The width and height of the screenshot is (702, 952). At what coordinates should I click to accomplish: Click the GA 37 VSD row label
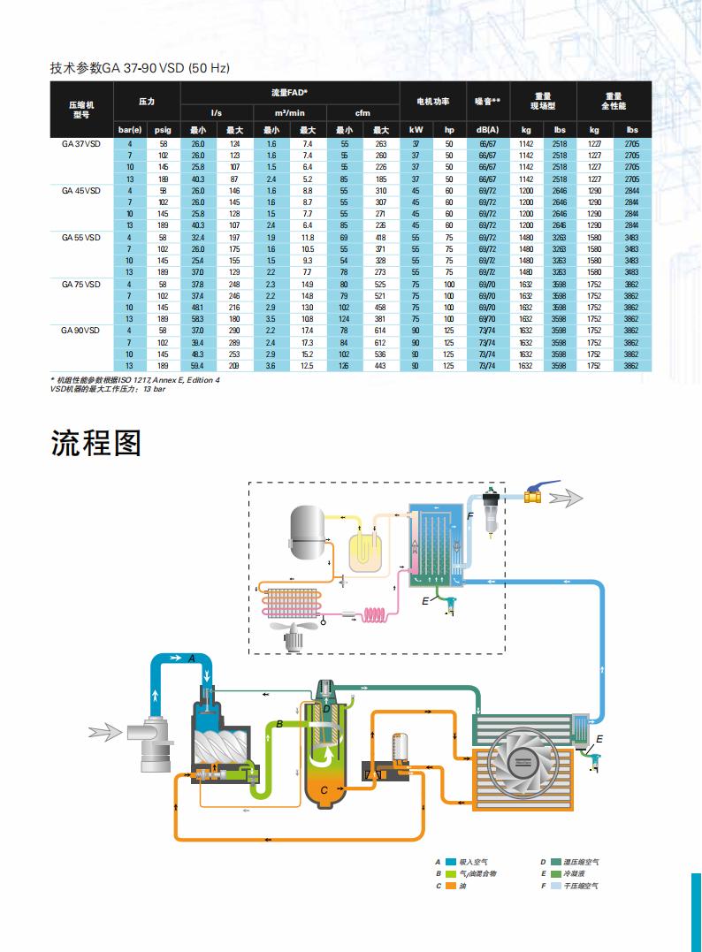point(80,143)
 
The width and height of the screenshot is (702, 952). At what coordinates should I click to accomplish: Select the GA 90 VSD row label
point(80,330)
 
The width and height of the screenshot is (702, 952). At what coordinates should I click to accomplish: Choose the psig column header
point(163,130)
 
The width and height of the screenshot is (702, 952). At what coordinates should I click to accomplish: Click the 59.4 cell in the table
point(198,365)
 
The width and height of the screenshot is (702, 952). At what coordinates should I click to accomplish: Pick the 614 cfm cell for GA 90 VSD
point(381,330)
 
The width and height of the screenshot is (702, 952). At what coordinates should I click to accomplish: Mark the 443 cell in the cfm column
point(381,365)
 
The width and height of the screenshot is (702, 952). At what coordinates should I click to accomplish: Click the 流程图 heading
point(95,442)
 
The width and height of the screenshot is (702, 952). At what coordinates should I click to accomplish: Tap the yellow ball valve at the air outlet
point(534,497)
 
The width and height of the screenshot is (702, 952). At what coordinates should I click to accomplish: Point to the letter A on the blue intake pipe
point(191,659)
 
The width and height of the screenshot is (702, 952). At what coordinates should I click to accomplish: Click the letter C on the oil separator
point(324,789)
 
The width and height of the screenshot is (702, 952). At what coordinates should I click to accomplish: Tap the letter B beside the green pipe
point(279,724)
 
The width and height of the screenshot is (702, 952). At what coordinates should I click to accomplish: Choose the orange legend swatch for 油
point(451,885)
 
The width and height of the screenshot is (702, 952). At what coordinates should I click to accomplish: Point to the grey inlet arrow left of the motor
point(104,731)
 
